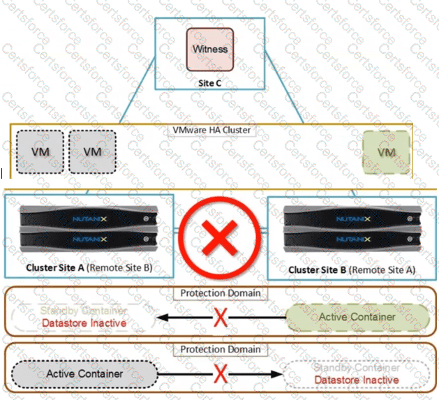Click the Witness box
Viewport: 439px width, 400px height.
coord(209,49)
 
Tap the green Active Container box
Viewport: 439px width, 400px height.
coord(357,317)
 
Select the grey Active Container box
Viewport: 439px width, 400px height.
coord(84,373)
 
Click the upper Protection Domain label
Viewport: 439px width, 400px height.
coord(221,293)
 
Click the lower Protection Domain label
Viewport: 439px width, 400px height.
coord(221,349)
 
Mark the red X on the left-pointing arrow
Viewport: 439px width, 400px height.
coord(221,318)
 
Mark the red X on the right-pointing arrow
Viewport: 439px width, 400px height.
coord(221,374)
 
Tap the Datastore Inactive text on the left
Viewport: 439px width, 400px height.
coord(83,323)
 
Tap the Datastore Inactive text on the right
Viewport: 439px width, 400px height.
coord(356,380)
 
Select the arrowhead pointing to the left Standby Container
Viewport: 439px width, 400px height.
coord(161,318)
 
